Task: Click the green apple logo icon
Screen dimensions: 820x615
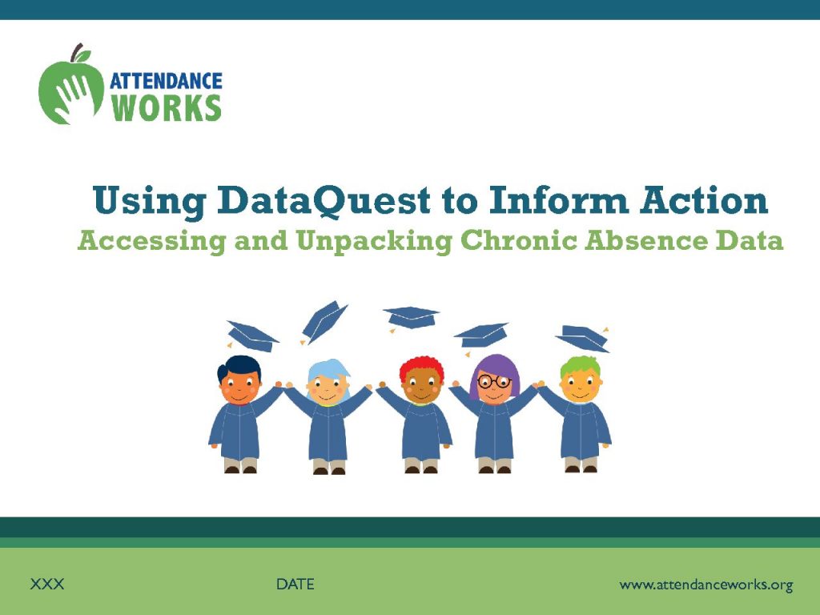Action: [71, 90]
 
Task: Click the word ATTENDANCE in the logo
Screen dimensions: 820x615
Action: [166, 81]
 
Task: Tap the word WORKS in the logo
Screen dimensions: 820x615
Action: [167, 108]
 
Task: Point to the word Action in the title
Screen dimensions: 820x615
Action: [704, 199]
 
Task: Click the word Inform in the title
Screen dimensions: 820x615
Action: [558, 199]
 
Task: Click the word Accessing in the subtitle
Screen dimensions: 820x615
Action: [151, 242]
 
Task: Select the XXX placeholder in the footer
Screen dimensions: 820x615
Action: [47, 584]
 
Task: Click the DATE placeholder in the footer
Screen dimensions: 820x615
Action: [295, 584]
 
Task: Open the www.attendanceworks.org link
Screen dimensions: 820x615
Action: [706, 585]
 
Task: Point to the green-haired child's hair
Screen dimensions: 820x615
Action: [581, 365]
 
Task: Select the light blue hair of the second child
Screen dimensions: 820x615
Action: [328, 371]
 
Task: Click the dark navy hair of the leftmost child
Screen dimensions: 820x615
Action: [238, 365]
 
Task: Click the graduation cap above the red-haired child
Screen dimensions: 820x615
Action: [411, 317]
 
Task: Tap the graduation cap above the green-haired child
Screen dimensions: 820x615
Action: [583, 338]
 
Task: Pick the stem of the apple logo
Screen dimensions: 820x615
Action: [76, 52]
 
